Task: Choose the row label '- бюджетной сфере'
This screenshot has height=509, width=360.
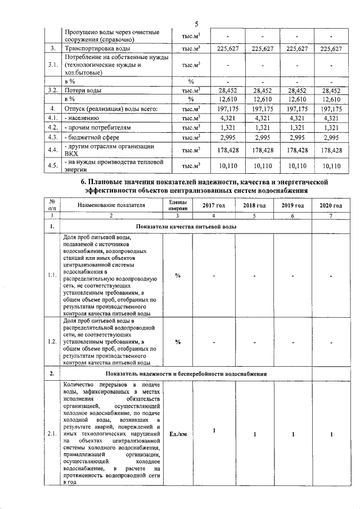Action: pos(93,137)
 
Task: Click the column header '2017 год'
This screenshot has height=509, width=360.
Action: pos(214,205)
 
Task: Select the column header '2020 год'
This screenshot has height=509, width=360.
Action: pos(331,205)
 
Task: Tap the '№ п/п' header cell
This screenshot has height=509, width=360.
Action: pos(52,205)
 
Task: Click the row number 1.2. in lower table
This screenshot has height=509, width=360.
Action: pos(52,341)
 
